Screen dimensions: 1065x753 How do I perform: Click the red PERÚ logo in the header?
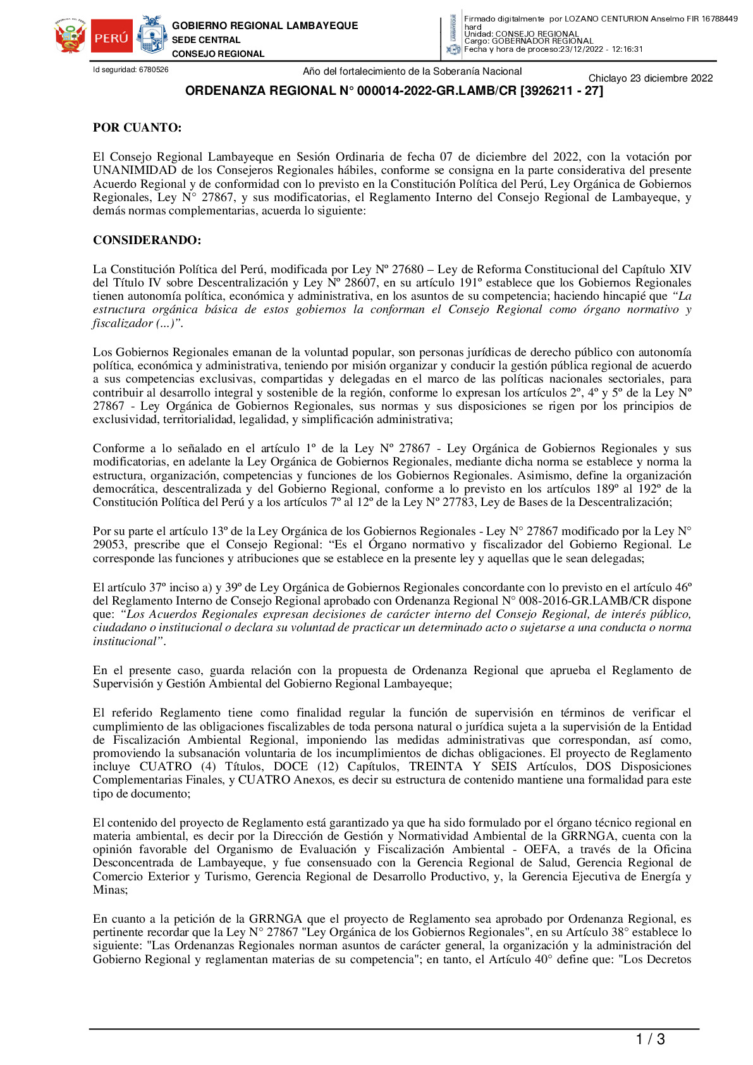(111, 38)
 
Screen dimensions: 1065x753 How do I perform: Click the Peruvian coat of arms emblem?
(70, 37)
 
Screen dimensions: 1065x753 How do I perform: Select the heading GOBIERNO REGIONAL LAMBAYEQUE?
(264, 26)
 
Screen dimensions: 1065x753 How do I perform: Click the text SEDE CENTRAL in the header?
(206, 40)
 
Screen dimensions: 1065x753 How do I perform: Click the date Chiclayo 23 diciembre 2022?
(650, 78)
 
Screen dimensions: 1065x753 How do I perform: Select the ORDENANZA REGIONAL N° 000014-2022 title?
(393, 91)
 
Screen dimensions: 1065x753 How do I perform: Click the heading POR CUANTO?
(137, 128)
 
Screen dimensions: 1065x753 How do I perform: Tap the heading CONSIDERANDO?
(147, 240)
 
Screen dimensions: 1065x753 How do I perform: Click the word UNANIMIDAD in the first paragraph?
(135, 171)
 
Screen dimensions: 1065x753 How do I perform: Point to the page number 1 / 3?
(650, 1039)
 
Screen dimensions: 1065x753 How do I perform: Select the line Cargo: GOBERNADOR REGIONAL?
(529, 41)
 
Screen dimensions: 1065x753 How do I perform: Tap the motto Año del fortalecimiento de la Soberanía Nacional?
(412, 71)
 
